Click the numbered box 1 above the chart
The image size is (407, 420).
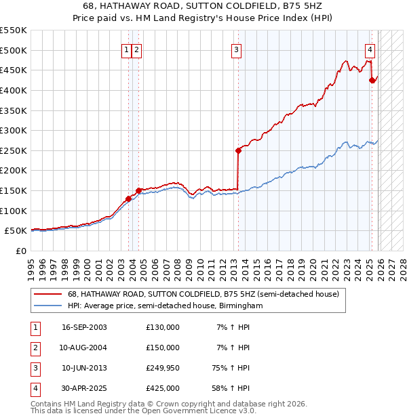[127, 49]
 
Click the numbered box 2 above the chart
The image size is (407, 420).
[136, 49]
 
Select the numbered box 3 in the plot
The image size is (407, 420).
[236, 49]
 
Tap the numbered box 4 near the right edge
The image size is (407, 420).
[370, 49]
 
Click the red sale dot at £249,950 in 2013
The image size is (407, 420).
[238, 150]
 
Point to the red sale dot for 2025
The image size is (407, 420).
[372, 80]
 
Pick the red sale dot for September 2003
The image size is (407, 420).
[128, 198]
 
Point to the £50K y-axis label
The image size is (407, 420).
[16, 230]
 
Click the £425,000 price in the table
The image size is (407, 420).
[163, 388]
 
